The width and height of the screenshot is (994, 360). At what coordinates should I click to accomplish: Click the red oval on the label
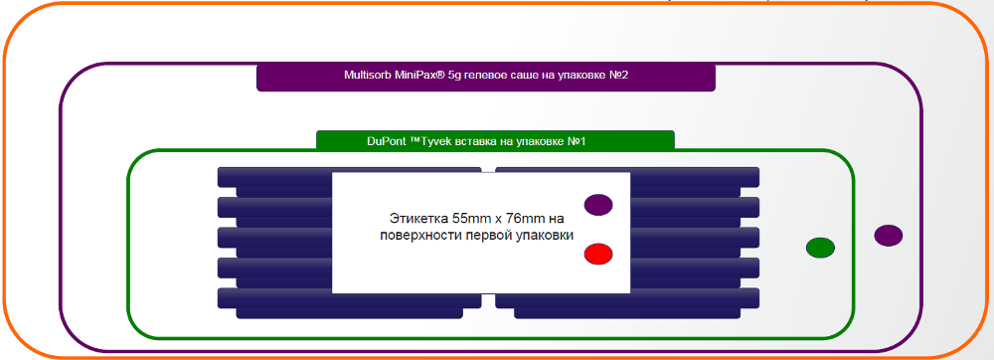[597, 255]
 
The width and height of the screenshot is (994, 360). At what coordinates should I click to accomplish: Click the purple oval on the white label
[597, 205]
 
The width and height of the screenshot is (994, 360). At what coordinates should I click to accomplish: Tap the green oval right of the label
[820, 248]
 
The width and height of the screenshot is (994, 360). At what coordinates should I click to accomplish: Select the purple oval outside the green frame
[888, 235]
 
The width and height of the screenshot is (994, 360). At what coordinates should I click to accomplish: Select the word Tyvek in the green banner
[433, 141]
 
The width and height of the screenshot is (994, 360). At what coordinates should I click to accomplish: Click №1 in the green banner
[576, 141]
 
